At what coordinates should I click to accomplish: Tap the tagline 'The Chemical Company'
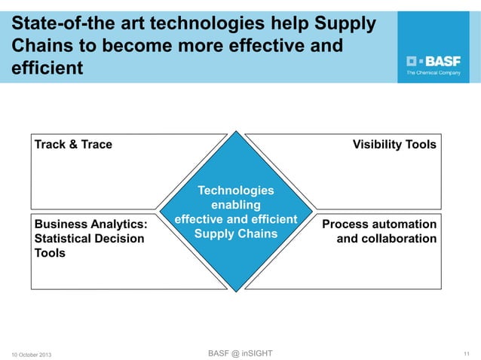[x=434, y=74]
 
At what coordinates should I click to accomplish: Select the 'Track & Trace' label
[x=73, y=145]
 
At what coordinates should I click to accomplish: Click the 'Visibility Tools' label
[x=394, y=145]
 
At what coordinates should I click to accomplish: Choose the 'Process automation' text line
[x=379, y=224]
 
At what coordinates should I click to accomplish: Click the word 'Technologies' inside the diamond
[x=236, y=191]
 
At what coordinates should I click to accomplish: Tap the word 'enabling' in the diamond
[x=236, y=205]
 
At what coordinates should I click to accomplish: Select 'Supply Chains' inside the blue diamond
[x=236, y=233]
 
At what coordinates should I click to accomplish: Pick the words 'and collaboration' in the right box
[x=387, y=239]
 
